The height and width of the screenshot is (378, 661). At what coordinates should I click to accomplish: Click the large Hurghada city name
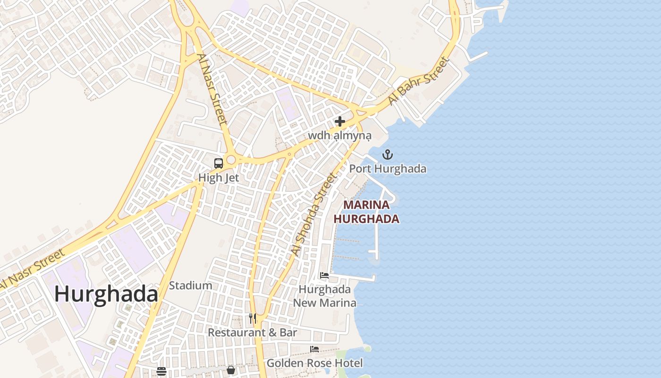[106, 294]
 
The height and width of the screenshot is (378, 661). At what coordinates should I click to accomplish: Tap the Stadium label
[190, 285]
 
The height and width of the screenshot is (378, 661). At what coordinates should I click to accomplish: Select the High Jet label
[219, 178]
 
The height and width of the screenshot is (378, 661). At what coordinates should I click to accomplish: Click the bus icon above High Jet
[219, 163]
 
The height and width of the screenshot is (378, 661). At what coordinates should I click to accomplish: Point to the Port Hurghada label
[388, 169]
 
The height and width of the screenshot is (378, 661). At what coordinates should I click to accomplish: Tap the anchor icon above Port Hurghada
[388, 155]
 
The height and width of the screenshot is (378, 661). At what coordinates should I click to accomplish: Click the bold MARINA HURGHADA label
[366, 212]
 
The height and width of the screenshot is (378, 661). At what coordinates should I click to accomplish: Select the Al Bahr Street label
[418, 81]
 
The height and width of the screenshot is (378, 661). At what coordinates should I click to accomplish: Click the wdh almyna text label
[340, 136]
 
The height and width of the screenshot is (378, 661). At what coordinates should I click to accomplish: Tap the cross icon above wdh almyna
[340, 121]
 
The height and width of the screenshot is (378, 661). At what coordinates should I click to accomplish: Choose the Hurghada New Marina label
[325, 296]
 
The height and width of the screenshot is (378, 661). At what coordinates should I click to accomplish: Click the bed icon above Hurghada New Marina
[324, 275]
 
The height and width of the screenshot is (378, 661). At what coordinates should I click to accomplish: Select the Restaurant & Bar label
[253, 333]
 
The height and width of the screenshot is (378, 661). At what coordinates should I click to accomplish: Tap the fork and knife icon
[253, 318]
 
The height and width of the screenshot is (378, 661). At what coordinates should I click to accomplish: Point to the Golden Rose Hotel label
[315, 363]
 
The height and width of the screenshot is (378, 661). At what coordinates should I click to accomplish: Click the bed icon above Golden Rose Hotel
[314, 349]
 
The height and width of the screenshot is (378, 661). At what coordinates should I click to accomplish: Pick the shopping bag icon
[231, 369]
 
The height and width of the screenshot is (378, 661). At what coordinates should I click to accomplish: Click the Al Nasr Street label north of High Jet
[212, 89]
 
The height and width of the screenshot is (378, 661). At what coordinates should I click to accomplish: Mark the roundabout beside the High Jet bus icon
[231, 160]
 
